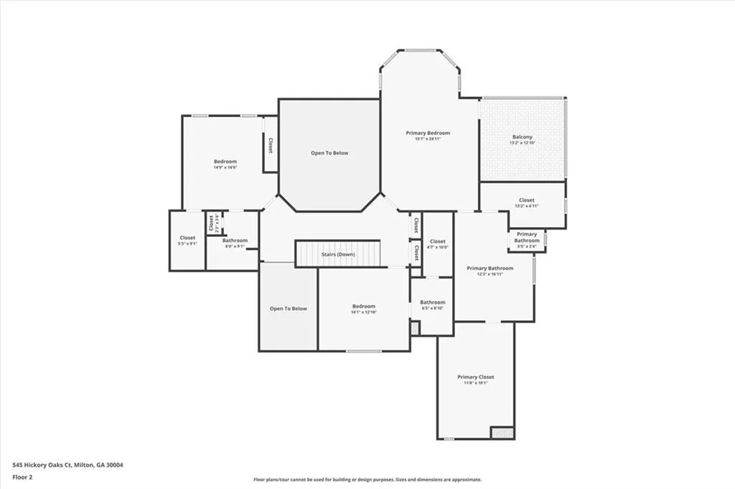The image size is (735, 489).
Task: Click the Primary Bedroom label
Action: point(428,133)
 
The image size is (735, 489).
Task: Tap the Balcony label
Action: point(523,137)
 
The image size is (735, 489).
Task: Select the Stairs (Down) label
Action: point(337,254)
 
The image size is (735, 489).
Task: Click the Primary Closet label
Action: point(476,377)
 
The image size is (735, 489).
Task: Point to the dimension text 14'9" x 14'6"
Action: point(225,167)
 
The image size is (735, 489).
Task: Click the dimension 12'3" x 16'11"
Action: point(490,274)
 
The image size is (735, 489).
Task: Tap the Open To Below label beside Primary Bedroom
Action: point(329,153)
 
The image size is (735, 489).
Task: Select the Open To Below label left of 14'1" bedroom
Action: point(288,309)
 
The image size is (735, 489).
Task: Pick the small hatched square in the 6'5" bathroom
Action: point(415,327)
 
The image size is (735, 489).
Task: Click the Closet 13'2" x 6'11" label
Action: point(526,200)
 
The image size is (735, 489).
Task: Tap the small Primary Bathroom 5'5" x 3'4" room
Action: point(527,241)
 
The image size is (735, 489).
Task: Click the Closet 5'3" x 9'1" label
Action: point(187,238)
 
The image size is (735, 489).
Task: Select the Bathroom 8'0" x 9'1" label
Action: point(235,241)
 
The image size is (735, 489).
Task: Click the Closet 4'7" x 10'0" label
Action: point(438,241)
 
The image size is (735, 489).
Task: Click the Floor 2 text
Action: point(22,476)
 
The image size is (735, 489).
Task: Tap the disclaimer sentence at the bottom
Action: point(367,480)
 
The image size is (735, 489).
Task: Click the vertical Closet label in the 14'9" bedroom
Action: point(271,145)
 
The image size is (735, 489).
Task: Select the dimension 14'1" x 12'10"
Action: point(364,312)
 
